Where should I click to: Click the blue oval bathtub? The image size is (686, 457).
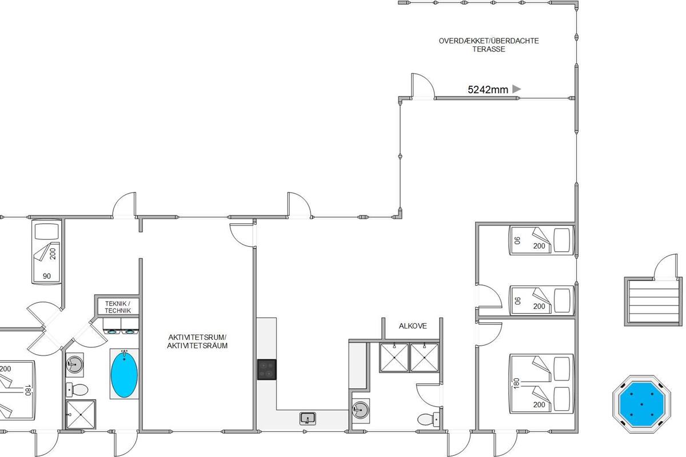(124, 374)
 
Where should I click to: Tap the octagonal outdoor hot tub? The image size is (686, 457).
(641, 404)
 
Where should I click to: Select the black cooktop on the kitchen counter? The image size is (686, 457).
(266, 370)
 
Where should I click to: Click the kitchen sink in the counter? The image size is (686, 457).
(308, 418)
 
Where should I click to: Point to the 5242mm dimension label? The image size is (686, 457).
(488, 90)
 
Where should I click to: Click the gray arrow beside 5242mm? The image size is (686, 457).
(516, 89)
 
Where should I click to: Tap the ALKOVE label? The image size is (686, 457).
(413, 326)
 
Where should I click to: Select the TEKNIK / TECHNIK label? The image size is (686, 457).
(118, 307)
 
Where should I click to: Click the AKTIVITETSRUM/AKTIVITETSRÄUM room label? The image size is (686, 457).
(197, 341)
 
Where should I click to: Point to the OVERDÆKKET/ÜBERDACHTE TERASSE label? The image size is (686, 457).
(489, 45)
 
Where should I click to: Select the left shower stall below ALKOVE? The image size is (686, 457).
(394, 358)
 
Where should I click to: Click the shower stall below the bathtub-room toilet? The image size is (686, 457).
(81, 414)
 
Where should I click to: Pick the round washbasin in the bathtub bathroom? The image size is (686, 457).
(74, 364)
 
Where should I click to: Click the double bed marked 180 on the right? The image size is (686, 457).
(541, 383)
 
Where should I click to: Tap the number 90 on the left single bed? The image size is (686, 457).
(47, 276)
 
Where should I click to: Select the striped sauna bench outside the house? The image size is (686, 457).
(653, 301)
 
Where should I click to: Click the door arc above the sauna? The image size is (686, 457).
(664, 266)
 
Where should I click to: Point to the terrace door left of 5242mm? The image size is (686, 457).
(422, 86)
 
